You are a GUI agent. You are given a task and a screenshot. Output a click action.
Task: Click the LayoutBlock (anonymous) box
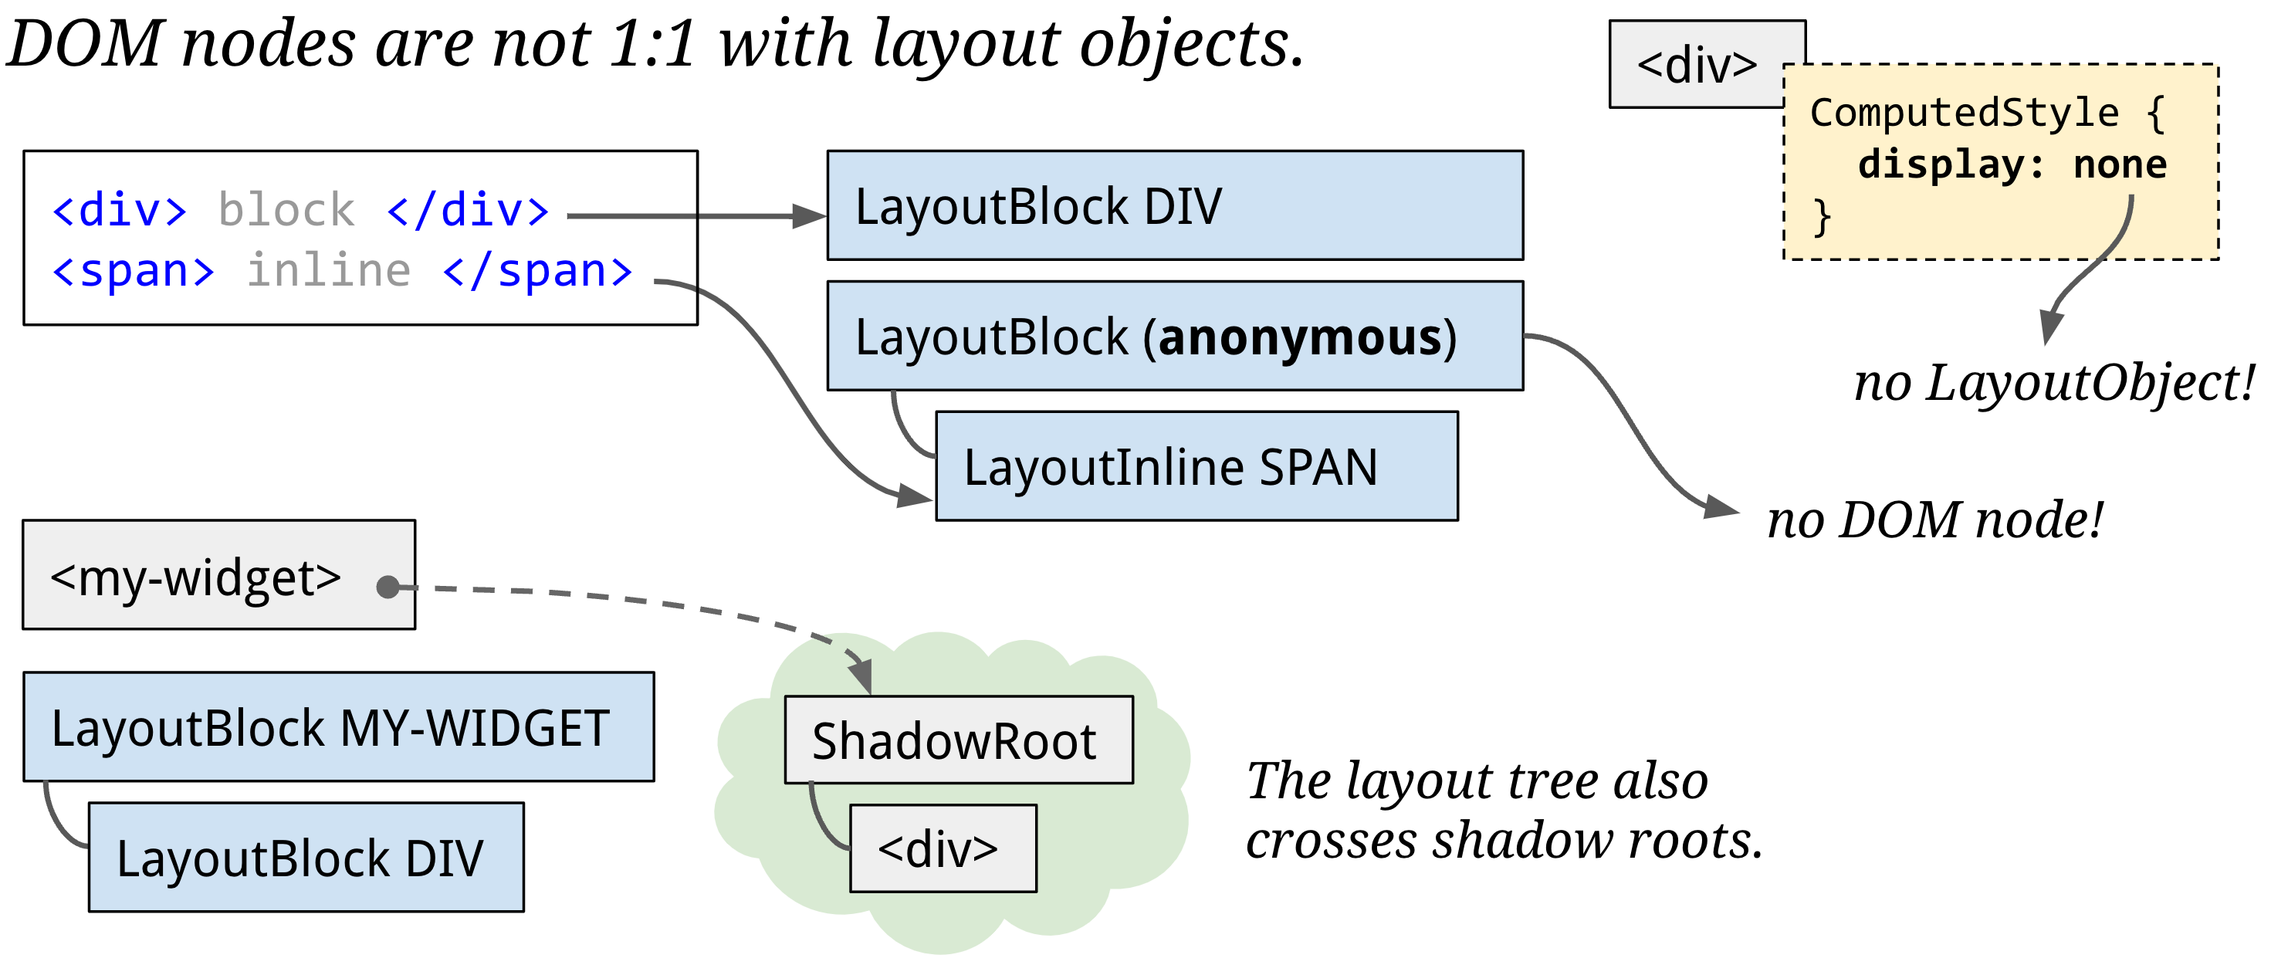[x=1174, y=336]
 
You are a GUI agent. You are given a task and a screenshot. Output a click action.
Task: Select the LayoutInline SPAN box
[x=1196, y=466]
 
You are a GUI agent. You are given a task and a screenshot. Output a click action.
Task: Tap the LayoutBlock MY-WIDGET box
[x=339, y=726]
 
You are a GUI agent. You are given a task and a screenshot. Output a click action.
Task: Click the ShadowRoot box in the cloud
[x=958, y=740]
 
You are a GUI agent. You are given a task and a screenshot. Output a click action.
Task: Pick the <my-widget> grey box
[x=218, y=575]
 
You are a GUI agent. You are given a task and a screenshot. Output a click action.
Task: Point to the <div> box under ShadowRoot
[x=943, y=848]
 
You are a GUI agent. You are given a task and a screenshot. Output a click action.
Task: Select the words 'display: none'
[x=2012, y=165]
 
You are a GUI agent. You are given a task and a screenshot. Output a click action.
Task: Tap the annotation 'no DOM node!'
[x=1935, y=520]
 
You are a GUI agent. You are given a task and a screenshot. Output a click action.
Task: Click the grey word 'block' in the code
[x=286, y=210]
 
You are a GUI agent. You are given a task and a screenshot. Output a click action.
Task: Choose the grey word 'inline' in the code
[x=328, y=270]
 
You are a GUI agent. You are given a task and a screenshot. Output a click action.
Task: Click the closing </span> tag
[x=538, y=270]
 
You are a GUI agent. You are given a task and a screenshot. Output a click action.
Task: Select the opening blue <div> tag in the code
[x=119, y=210]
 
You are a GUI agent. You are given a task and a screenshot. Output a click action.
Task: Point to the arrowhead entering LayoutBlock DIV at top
[x=808, y=216]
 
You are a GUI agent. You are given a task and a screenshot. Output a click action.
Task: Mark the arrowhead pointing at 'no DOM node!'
[x=1721, y=507]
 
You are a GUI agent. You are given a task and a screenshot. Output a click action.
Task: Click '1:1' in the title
[x=652, y=43]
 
